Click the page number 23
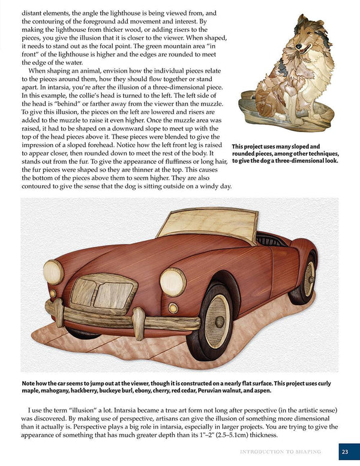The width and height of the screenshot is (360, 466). pyautogui.click(x=344, y=452)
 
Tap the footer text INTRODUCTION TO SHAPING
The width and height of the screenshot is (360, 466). pyautogui.click(x=280, y=452)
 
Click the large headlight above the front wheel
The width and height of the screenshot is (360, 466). pyautogui.click(x=173, y=282)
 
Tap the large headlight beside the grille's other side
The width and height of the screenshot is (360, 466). pyautogui.click(x=53, y=272)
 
